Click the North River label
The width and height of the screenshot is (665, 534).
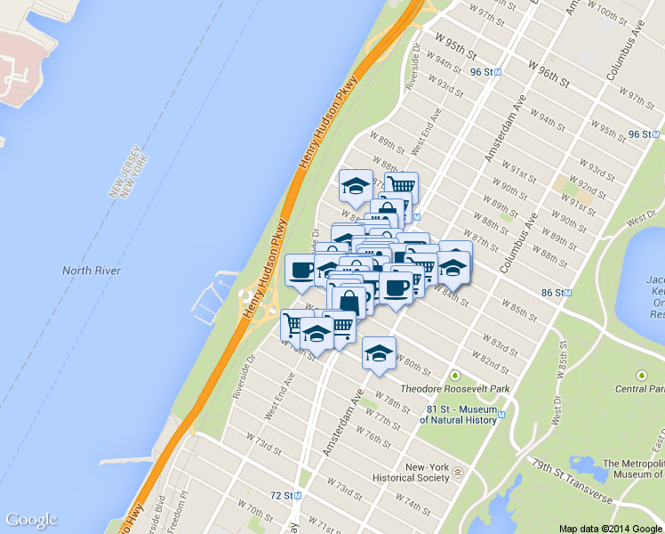pyautogui.click(x=92, y=271)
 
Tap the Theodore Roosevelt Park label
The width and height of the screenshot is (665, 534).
pyautogui.click(x=454, y=389)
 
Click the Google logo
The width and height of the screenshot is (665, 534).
pyautogui.click(x=31, y=520)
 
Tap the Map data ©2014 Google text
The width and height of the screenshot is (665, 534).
pyautogui.click(x=611, y=528)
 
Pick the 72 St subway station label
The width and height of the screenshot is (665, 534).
pyautogui.click(x=282, y=495)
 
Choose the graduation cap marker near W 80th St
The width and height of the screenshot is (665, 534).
pyautogui.click(x=379, y=352)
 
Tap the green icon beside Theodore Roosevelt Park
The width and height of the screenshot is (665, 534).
pyautogui.click(x=456, y=375)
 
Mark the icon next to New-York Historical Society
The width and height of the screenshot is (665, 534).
pyautogui.click(x=457, y=471)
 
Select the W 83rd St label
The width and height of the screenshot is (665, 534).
pyautogui.click(x=498, y=343)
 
